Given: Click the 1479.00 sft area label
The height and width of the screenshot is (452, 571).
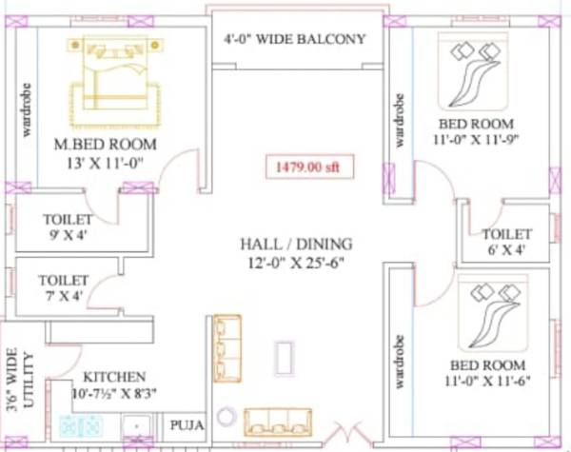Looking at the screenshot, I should [301, 167].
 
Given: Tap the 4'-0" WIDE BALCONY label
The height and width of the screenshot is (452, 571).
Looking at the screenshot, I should [295, 39].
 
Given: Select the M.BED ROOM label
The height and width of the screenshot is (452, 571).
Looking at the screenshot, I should [105, 144].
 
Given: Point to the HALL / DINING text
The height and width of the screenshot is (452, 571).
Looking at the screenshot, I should [296, 244].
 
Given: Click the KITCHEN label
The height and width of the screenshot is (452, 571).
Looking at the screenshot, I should [114, 377].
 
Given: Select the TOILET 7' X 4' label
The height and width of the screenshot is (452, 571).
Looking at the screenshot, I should [64, 288].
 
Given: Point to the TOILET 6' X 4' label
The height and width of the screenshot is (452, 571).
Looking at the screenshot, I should [505, 242].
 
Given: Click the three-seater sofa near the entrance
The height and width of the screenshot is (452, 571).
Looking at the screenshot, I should [277, 422].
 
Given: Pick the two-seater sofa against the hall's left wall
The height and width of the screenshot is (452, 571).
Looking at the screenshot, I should [226, 348].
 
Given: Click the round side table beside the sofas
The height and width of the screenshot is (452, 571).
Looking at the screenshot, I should [226, 417].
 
